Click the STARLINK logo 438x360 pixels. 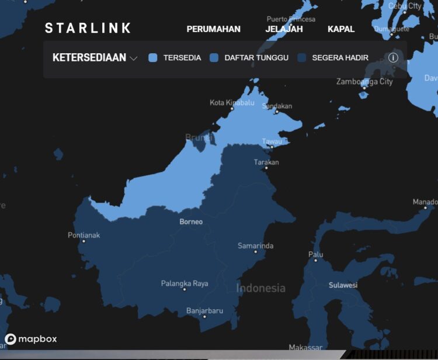[88, 28]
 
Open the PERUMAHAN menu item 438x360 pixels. [213, 29]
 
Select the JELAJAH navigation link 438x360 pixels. [284, 29]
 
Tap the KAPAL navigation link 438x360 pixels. [341, 29]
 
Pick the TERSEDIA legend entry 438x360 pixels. [175, 58]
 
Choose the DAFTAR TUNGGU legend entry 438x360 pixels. [249, 58]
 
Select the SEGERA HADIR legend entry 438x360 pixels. [333, 58]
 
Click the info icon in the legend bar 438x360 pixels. [393, 58]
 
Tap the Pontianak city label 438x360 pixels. [84, 236]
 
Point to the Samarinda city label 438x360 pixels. [255, 246]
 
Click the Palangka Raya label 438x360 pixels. [185, 284]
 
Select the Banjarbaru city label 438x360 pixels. [204, 311]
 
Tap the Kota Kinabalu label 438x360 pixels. [232, 103]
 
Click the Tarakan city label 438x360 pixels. [266, 162]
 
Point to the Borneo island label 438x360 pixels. [191, 221]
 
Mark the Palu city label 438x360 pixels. [315, 254]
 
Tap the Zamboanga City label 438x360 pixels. [364, 82]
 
